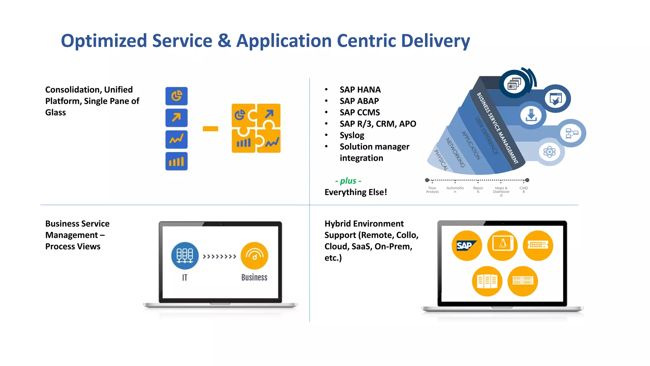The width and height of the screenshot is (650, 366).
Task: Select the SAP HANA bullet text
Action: (x=360, y=90)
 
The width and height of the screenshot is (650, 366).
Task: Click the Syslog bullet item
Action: (x=352, y=135)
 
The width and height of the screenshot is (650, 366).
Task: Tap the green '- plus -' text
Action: (x=348, y=181)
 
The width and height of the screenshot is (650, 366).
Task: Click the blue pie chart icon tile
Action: (x=176, y=96)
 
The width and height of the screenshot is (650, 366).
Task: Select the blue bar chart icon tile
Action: (x=176, y=161)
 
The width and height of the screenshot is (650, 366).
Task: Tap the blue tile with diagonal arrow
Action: (x=176, y=118)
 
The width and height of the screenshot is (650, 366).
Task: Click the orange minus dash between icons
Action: (x=210, y=129)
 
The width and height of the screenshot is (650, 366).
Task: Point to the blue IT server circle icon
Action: (x=185, y=256)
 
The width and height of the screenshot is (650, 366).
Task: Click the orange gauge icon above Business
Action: (x=254, y=256)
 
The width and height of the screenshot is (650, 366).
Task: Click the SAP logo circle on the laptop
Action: (x=467, y=246)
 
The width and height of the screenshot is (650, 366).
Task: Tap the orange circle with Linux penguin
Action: (x=502, y=246)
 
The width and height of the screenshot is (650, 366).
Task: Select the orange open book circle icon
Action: (x=487, y=281)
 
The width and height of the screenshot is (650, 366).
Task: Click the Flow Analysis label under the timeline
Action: (x=432, y=190)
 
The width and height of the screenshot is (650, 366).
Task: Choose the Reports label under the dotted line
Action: (x=478, y=190)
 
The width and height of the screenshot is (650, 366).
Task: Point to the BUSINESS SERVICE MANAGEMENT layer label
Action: (x=497, y=128)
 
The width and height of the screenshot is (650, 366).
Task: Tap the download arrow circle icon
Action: (x=531, y=115)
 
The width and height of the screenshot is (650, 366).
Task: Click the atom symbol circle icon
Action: (x=549, y=152)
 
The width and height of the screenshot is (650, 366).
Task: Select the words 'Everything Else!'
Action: (x=355, y=192)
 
